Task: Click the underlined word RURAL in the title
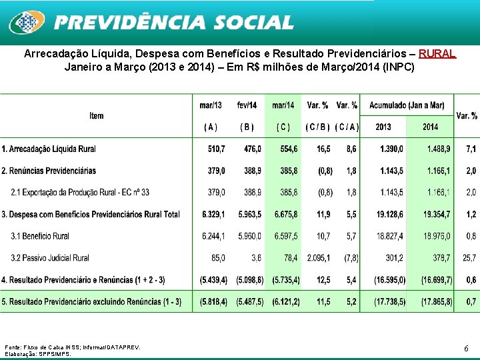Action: click(x=437, y=53)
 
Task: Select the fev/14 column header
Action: click(x=247, y=105)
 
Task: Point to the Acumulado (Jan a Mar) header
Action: click(x=406, y=105)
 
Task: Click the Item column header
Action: click(x=97, y=116)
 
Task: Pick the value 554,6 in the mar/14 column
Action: click(x=285, y=149)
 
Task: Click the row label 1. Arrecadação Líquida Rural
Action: click(x=49, y=149)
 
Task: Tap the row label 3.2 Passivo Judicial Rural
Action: click(x=50, y=257)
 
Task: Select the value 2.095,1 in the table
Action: click(x=319, y=257)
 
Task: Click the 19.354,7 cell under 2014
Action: click(x=436, y=214)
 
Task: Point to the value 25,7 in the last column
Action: click(x=469, y=257)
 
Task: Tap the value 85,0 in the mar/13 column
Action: click(x=217, y=257)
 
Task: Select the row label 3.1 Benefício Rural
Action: click(x=40, y=236)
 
